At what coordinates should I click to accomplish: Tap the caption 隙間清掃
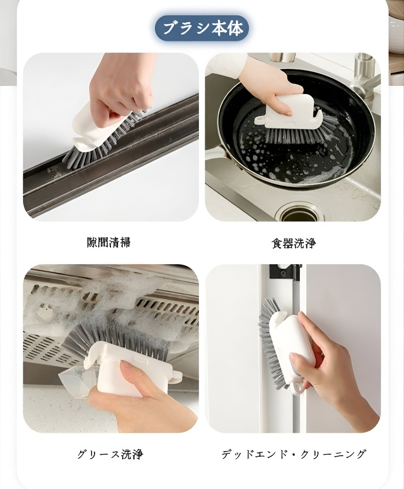click(x=108, y=242)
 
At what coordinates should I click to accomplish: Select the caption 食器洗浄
click(x=293, y=243)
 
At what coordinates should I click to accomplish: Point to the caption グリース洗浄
click(x=110, y=454)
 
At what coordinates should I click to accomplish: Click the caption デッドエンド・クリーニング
click(x=293, y=454)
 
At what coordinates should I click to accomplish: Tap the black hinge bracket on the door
click(x=285, y=272)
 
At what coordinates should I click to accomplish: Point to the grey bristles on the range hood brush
click(x=116, y=340)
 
